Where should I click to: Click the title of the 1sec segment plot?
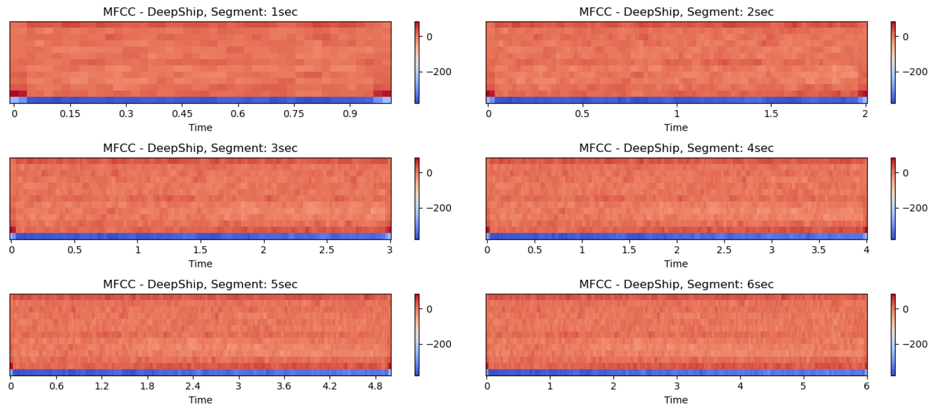pyautogui.click(x=200, y=12)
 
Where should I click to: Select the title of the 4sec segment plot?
pyautogui.click(x=676, y=148)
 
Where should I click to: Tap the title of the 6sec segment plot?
pyautogui.click(x=676, y=284)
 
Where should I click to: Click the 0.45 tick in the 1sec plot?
pyautogui.click(x=182, y=114)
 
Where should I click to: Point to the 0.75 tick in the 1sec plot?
pyautogui.click(x=294, y=114)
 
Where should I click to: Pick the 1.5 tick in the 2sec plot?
pyautogui.click(x=771, y=114)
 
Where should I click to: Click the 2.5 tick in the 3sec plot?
pyautogui.click(x=327, y=250)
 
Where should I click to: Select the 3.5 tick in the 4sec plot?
pyautogui.click(x=819, y=250)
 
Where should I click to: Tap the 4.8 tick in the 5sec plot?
pyautogui.click(x=375, y=386)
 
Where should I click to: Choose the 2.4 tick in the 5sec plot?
pyautogui.click(x=193, y=386)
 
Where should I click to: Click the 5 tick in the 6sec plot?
pyautogui.click(x=803, y=386)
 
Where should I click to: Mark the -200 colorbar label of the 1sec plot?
pyautogui.click(x=439, y=72)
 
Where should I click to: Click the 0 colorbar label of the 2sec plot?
pyautogui.click(x=905, y=37)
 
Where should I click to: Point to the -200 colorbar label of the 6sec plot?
pyautogui.click(x=915, y=344)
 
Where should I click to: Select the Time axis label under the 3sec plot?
pyautogui.click(x=200, y=264)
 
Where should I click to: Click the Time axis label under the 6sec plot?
pyautogui.click(x=676, y=400)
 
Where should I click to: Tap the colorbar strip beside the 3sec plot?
pyautogui.click(x=417, y=198)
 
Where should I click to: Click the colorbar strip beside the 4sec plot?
pyautogui.click(x=893, y=198)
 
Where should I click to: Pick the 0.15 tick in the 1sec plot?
pyautogui.click(x=70, y=114)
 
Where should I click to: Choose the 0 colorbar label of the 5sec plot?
pyautogui.click(x=429, y=309)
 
